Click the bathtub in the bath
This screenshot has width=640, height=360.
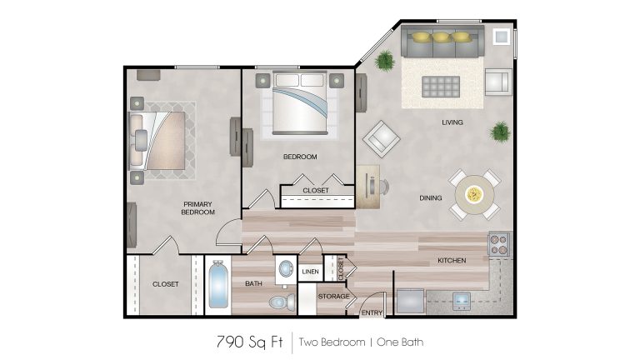point(217,286)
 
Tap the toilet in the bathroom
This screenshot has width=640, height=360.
point(281,299)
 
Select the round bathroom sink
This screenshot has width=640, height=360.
point(286,270)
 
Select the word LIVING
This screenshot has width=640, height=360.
point(452,122)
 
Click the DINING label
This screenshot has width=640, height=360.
point(431,198)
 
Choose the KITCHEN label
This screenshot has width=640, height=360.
point(452,261)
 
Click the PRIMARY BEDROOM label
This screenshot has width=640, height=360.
point(198,207)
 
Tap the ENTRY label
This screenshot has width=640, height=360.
point(371,312)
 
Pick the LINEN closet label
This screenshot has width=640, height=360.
point(310,271)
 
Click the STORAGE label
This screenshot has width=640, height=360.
point(333,296)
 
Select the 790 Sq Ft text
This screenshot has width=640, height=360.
point(246,342)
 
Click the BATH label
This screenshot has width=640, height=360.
point(254,284)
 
